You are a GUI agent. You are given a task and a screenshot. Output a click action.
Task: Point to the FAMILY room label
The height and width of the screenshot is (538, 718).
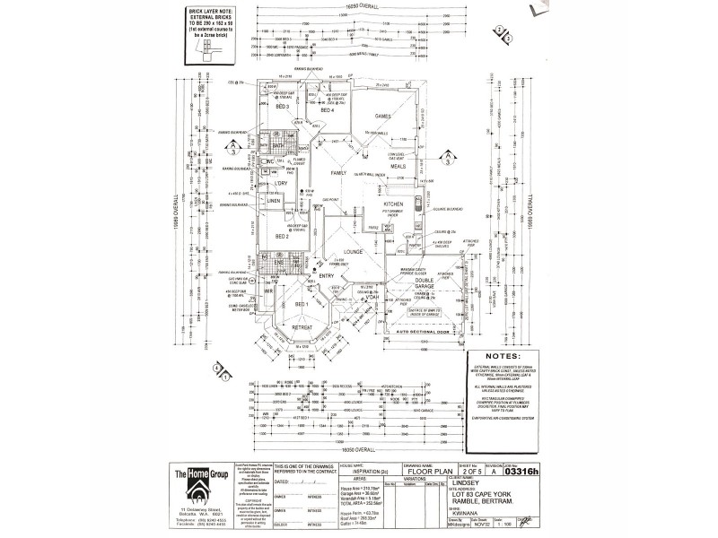pyautogui.click(x=338, y=172)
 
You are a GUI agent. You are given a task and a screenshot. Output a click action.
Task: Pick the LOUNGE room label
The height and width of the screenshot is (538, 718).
pyautogui.click(x=351, y=253)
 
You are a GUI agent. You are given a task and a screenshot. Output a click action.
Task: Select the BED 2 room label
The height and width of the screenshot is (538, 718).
pyautogui.click(x=280, y=237)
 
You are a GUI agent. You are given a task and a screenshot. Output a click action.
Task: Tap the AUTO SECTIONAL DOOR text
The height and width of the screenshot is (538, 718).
pyautogui.click(x=416, y=335)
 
